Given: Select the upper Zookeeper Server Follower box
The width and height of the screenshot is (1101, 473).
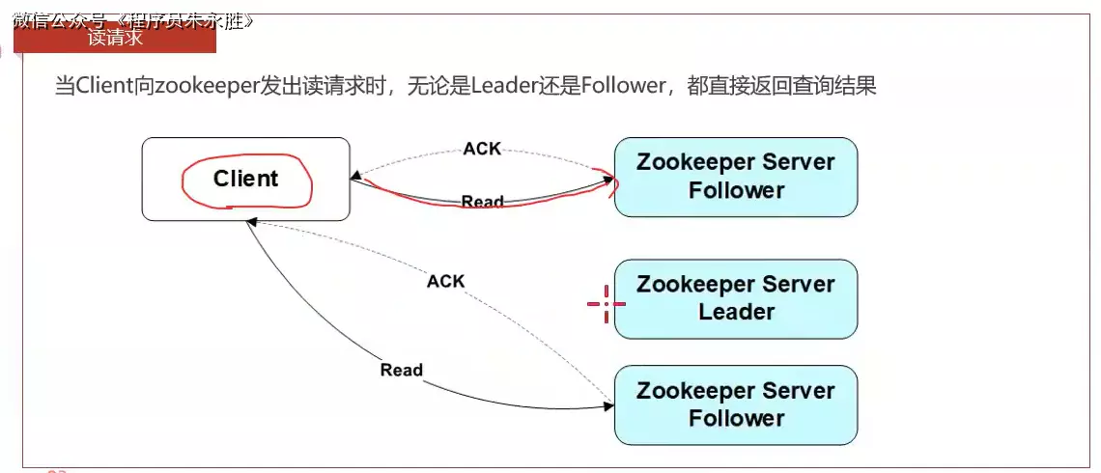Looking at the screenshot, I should pyautogui.click(x=735, y=176).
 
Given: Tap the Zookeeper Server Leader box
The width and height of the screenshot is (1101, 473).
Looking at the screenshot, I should pyautogui.click(x=735, y=298).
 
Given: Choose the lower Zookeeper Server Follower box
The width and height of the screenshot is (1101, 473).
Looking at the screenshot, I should pyautogui.click(x=735, y=404).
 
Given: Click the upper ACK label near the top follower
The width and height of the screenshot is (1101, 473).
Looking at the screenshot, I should pyautogui.click(x=482, y=149).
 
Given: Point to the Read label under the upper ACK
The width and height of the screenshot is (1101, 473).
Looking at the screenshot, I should pyautogui.click(x=482, y=202).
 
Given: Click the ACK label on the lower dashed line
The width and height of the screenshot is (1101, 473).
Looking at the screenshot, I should pyautogui.click(x=445, y=281).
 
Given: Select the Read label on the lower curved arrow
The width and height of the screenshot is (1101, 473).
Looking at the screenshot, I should pyautogui.click(x=401, y=370).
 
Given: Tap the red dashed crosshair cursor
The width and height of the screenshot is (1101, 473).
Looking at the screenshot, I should pyautogui.click(x=607, y=303).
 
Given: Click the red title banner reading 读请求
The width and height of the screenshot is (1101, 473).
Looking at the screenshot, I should pyautogui.click(x=115, y=38).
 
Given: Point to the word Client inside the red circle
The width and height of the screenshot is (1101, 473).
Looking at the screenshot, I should pyautogui.click(x=245, y=179).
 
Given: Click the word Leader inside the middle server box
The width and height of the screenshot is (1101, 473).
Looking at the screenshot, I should pyautogui.click(x=736, y=312).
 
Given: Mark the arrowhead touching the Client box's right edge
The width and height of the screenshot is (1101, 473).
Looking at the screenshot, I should pyautogui.click(x=356, y=179).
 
